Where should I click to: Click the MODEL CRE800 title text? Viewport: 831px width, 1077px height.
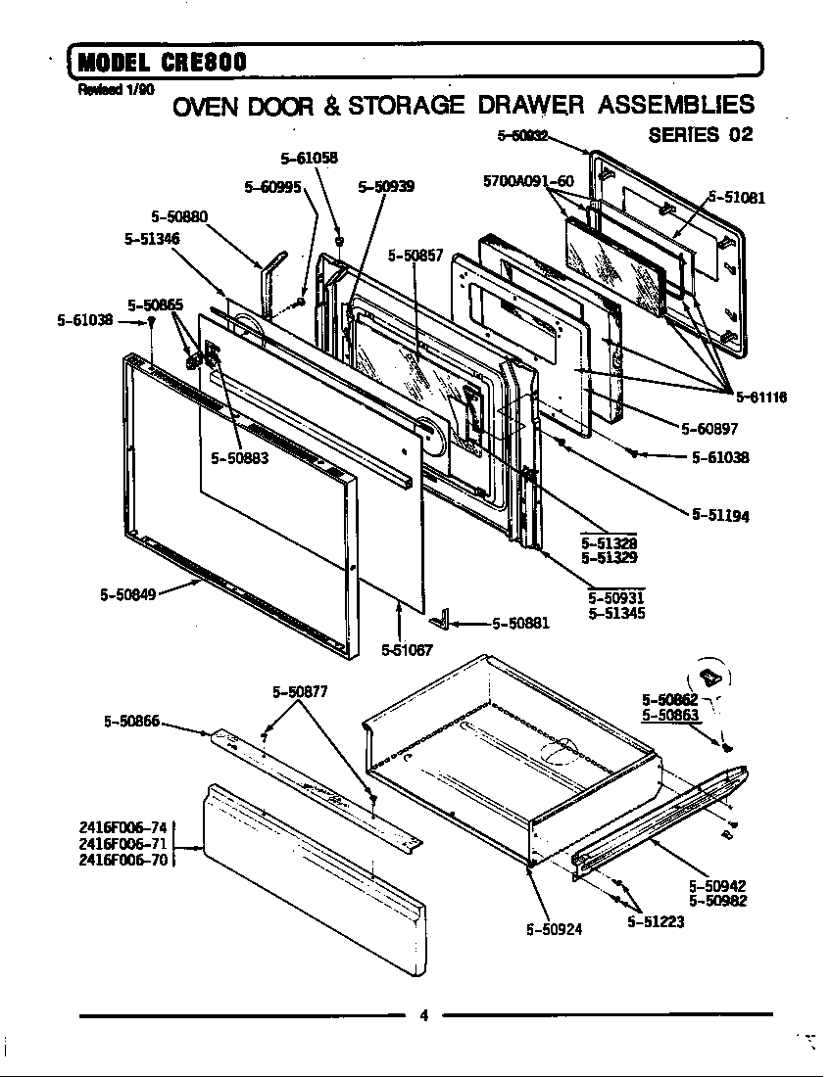click(x=162, y=62)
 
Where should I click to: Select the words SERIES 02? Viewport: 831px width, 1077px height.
click(x=701, y=135)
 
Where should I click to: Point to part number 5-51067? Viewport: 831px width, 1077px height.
click(x=407, y=648)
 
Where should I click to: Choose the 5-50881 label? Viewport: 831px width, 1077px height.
click(x=520, y=623)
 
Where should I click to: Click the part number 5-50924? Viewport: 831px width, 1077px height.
click(x=555, y=929)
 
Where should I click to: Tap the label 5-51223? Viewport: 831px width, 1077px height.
click(x=656, y=921)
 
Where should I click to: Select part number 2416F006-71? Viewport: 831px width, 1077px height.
click(x=123, y=843)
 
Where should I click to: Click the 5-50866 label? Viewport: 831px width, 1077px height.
click(x=131, y=722)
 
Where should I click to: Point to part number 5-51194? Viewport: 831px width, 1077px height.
click(x=720, y=515)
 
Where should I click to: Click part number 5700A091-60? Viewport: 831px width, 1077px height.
click(x=528, y=181)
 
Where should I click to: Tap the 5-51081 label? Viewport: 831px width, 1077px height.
click(x=736, y=197)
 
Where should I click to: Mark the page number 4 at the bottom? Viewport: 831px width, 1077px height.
click(x=423, y=1015)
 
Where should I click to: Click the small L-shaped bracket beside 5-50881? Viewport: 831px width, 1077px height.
click(x=446, y=620)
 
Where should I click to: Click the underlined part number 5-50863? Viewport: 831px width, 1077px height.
click(x=670, y=715)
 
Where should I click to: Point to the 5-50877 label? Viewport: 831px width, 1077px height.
click(x=300, y=691)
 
